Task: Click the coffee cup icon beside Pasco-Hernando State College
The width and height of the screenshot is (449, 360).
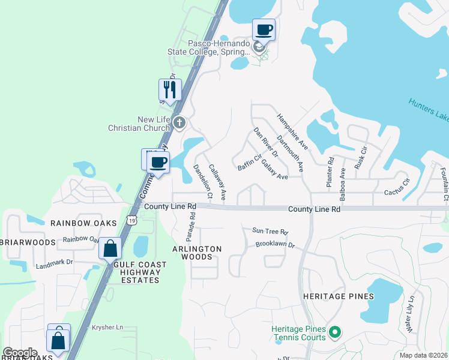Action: (264, 29)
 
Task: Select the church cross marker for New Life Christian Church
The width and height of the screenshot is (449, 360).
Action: (179, 124)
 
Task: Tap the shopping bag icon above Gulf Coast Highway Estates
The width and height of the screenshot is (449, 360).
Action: (110, 248)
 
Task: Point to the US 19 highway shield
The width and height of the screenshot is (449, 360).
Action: (131, 221)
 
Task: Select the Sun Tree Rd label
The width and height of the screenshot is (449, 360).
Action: (270, 231)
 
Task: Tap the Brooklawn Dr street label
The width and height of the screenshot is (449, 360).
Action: (276, 245)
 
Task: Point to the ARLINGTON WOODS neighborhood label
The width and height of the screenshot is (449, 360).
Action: (197, 253)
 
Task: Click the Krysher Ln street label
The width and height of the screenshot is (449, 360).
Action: (107, 327)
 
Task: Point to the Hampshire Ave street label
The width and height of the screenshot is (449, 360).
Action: (292, 131)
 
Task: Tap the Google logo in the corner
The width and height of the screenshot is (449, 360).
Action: (20, 352)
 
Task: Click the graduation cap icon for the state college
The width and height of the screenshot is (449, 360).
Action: (259, 47)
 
